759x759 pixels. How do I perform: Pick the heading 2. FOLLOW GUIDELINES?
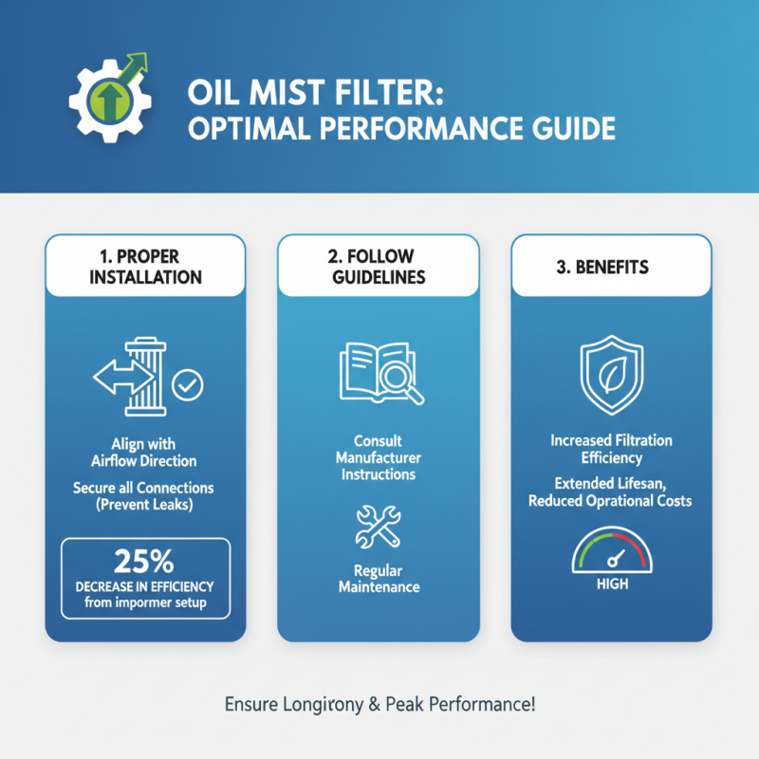tap(379, 267)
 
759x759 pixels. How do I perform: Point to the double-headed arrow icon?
tap(118, 378)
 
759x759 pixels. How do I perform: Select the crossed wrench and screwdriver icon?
tap(379, 528)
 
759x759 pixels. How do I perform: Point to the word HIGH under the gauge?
tap(612, 584)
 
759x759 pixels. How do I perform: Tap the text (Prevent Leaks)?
tap(145, 505)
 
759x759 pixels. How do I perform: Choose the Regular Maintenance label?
tap(379, 580)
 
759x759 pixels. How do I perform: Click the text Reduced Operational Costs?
tap(612, 500)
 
